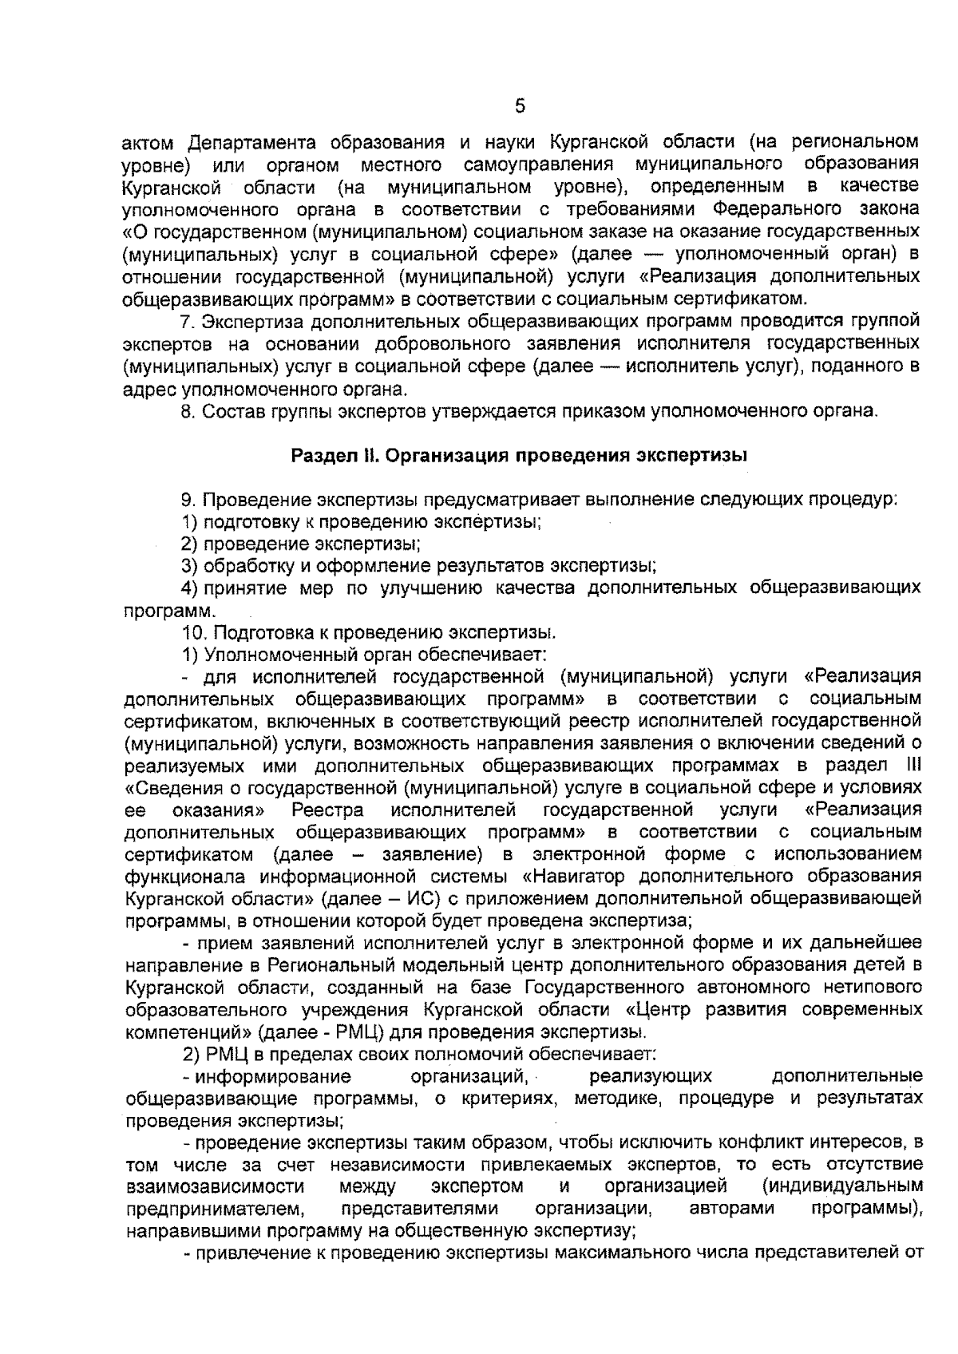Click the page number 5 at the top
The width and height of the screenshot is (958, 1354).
coord(520,107)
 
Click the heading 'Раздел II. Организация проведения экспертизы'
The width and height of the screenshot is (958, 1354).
coord(519,456)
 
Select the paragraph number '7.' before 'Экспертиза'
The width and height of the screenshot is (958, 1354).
coord(189,322)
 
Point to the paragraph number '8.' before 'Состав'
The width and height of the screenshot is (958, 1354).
coord(189,412)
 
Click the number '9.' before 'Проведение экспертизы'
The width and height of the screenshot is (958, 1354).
coord(189,501)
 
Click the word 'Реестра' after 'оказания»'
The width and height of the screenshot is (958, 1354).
coord(328,810)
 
